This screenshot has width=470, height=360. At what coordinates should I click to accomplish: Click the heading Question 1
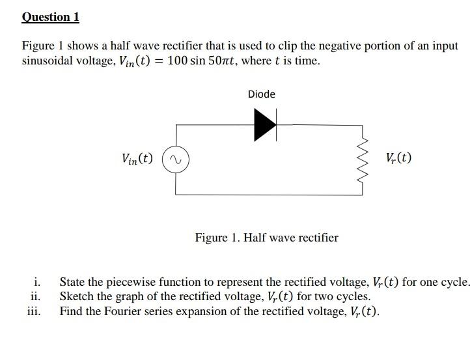(x=50, y=17)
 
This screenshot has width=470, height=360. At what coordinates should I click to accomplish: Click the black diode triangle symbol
(x=264, y=124)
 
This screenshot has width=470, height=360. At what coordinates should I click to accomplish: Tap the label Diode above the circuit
(x=262, y=94)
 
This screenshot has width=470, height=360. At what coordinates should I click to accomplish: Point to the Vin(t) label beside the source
(x=137, y=158)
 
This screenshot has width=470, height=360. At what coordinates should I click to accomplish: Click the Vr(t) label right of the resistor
(x=398, y=158)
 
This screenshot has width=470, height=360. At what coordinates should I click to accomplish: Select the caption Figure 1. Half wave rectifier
(x=266, y=238)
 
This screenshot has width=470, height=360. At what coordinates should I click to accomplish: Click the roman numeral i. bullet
(x=38, y=283)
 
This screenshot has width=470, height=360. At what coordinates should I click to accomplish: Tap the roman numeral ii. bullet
(x=36, y=297)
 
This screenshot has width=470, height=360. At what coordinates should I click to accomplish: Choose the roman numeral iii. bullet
(x=34, y=311)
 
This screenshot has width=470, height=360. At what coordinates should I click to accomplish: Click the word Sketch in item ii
(x=77, y=297)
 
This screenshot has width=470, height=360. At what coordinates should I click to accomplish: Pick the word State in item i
(x=73, y=283)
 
